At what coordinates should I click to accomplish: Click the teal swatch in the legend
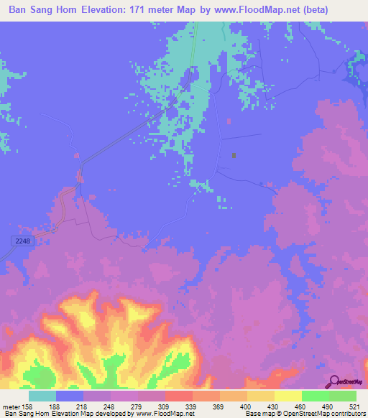pyautogui.click(x=42, y=396)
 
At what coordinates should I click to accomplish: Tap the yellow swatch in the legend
pyautogui.click(x=287, y=396)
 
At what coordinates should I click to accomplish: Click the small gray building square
pyautogui.click(x=234, y=154)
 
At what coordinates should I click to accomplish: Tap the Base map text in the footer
pyautogui.click(x=259, y=414)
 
